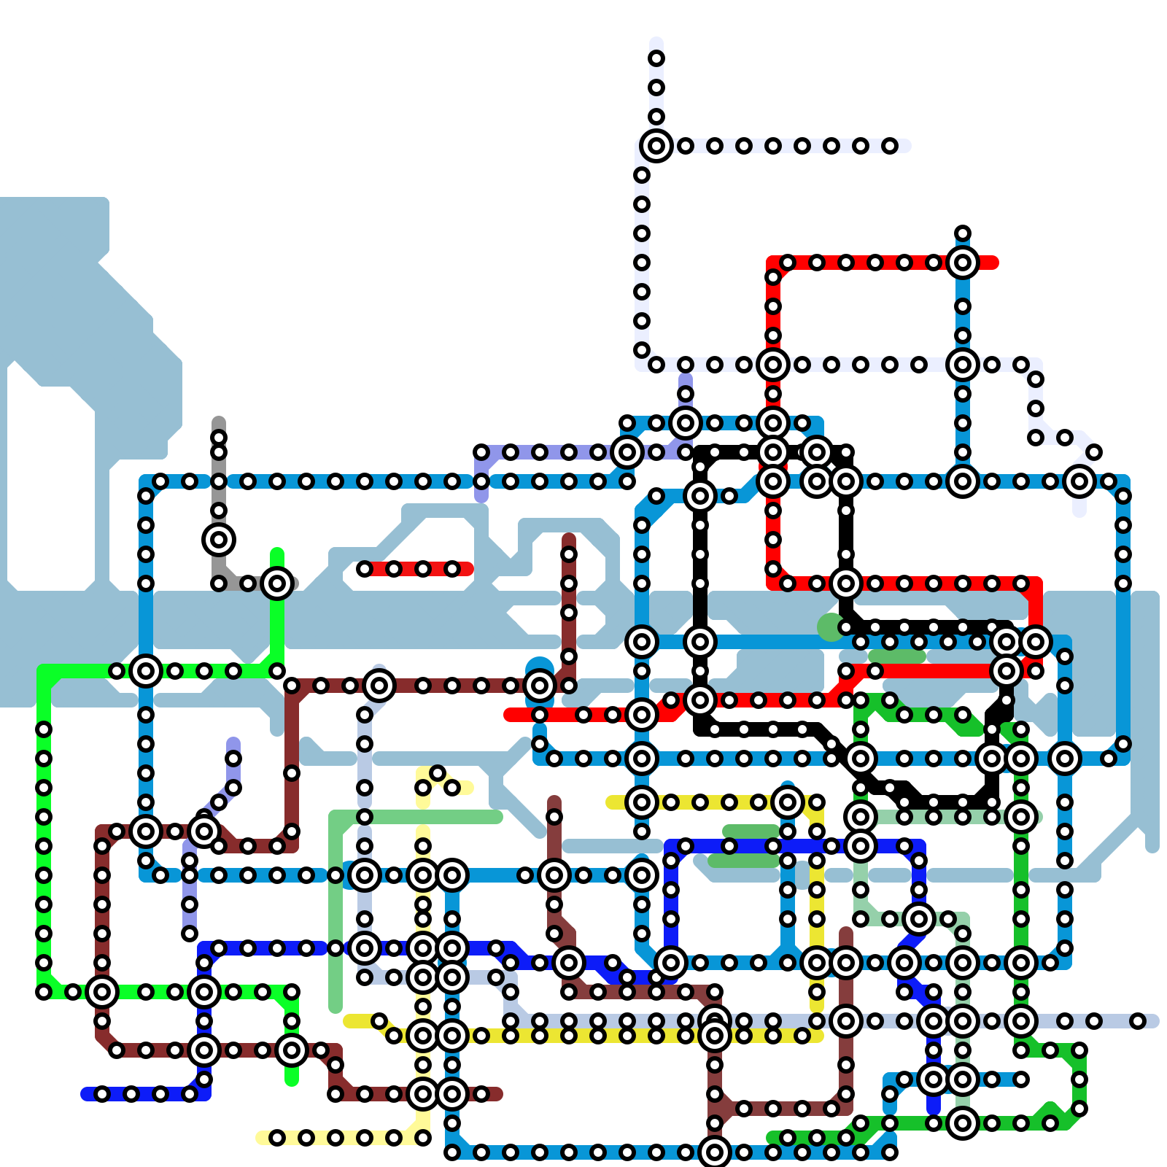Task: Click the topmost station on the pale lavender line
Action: [x=656, y=58]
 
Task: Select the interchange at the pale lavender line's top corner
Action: [x=656, y=146]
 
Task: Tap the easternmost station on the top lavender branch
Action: [x=890, y=146]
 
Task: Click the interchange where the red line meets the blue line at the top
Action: [x=963, y=263]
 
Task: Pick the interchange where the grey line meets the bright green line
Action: [x=277, y=583]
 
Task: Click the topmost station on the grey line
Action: [x=219, y=438]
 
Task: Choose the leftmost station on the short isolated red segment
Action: [x=365, y=569]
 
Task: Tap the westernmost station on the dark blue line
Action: [x=102, y=1094]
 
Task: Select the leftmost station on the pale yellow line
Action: [x=277, y=1138]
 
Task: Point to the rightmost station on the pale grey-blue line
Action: [x=1138, y=1021]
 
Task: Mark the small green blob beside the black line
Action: [x=830, y=627]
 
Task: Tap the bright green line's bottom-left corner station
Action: [x=44, y=992]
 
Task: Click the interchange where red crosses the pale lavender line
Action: [x=773, y=365]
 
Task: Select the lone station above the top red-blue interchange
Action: [x=963, y=233]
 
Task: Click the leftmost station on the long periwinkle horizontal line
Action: [x=481, y=452]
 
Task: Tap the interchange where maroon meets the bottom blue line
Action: [x=715, y=1152]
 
